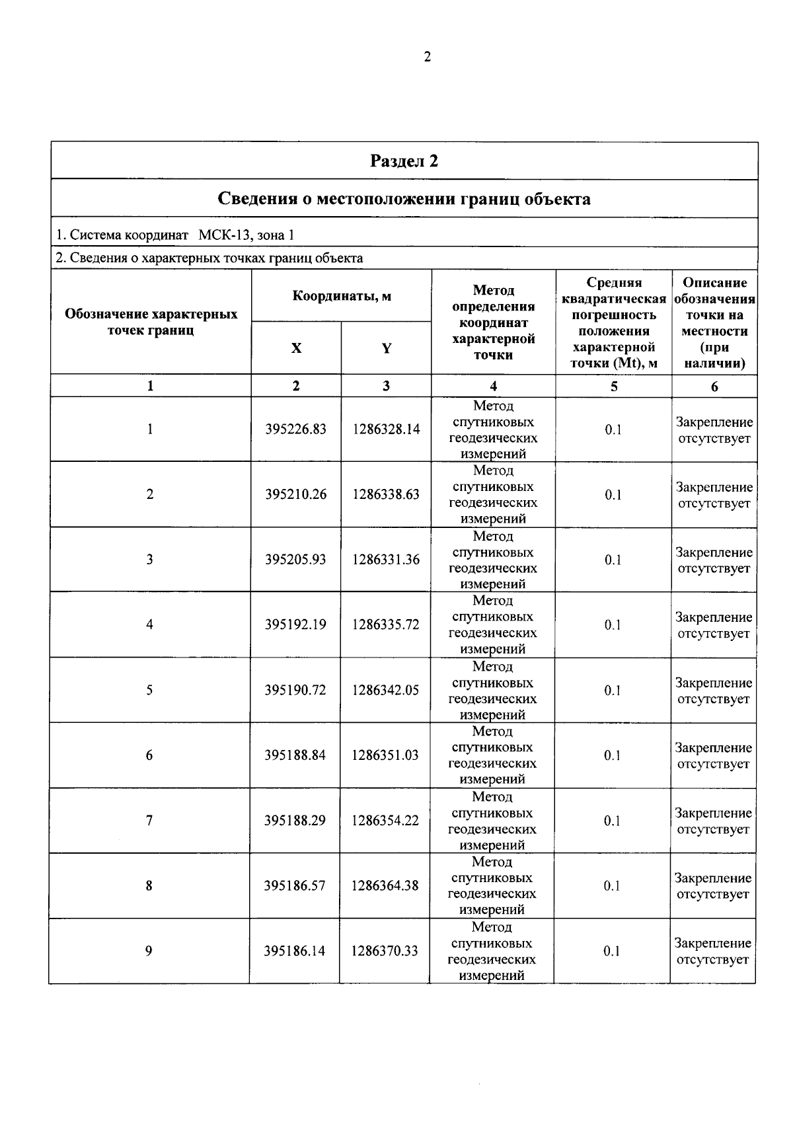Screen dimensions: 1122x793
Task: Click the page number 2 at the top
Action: point(427,57)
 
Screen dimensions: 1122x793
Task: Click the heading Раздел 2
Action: point(404,161)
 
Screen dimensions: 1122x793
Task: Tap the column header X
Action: point(296,348)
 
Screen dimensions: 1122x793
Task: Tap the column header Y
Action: point(387,348)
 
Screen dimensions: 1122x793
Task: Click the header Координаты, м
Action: point(342,296)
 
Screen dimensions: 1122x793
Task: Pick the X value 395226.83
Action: point(296,430)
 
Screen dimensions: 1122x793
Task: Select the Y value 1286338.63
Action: point(386,494)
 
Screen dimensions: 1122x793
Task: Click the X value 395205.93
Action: point(295,560)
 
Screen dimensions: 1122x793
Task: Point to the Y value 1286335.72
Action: point(385,624)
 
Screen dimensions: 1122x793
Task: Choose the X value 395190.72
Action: point(295,690)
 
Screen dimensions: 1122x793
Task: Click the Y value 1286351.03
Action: point(385,755)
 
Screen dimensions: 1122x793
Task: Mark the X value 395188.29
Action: point(295,821)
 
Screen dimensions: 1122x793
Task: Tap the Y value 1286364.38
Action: point(385,885)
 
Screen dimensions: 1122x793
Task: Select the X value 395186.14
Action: point(295,951)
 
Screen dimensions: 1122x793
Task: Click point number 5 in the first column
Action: point(149,690)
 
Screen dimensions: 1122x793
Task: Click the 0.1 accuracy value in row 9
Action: point(612,951)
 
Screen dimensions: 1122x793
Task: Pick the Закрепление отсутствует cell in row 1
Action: point(714,430)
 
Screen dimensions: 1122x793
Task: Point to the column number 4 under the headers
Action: point(493,387)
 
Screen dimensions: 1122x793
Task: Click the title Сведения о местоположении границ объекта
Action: point(404,199)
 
